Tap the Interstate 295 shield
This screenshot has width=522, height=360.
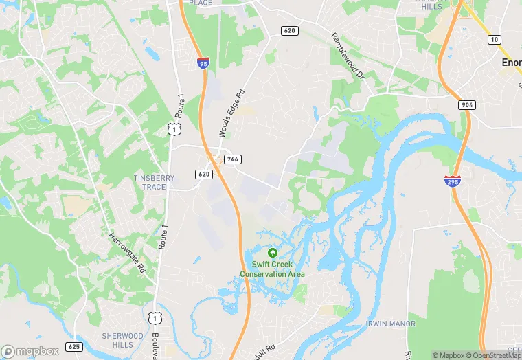pyautogui.click(x=451, y=181)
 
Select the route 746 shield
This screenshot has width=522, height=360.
pyautogui.click(x=232, y=159)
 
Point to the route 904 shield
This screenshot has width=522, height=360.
pyautogui.click(x=467, y=104)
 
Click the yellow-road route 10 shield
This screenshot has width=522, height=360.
pyautogui.click(x=494, y=41)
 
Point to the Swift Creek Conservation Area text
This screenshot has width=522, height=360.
pyautogui.click(x=273, y=269)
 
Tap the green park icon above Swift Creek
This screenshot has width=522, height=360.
pyautogui.click(x=273, y=253)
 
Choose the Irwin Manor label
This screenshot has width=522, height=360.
pyautogui.click(x=391, y=324)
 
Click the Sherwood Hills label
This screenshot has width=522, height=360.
pyautogui.click(x=122, y=340)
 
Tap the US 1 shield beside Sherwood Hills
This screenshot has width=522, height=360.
pyautogui.click(x=156, y=317)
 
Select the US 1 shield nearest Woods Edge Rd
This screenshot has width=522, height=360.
pyautogui.click(x=174, y=128)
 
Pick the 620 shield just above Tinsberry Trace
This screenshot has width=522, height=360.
pyautogui.click(x=203, y=175)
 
